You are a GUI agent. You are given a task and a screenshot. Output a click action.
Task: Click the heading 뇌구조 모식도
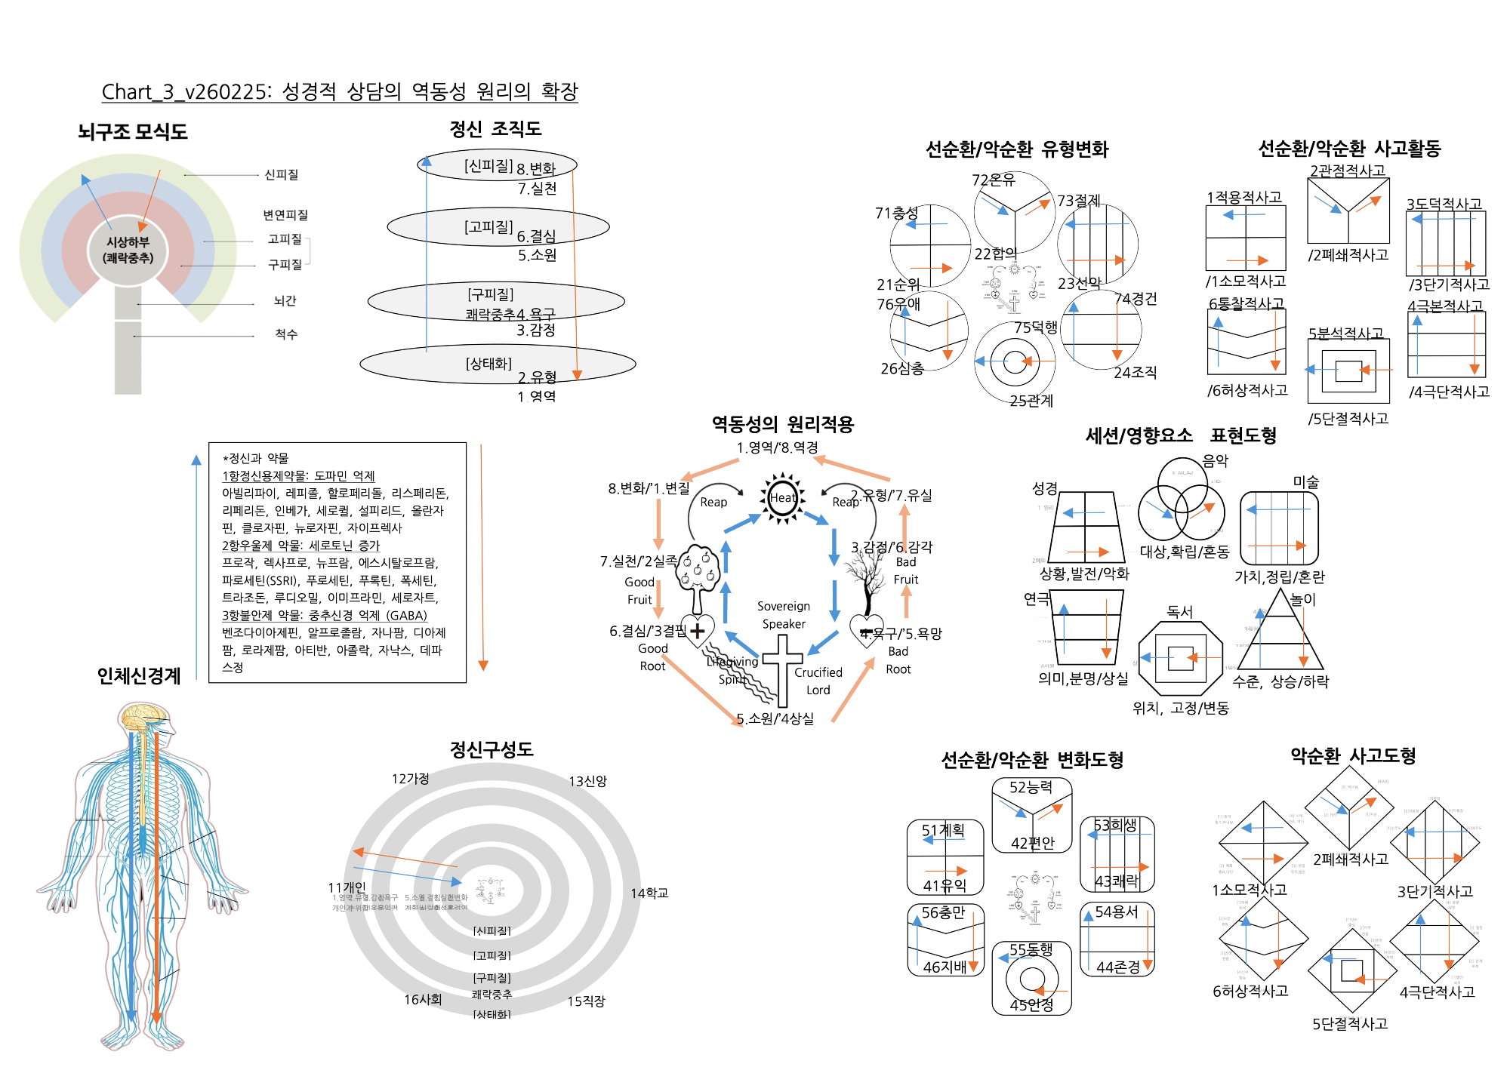pos(132,132)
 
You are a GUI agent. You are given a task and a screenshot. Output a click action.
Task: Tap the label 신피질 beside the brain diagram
pos(281,175)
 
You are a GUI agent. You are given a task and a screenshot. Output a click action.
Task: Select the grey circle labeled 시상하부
pos(128,250)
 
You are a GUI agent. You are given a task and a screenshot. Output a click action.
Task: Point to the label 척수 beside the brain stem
pos(285,334)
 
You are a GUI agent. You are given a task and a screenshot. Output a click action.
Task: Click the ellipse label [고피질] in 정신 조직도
pos(488,226)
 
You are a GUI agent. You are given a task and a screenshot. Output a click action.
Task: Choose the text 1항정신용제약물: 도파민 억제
pos(298,476)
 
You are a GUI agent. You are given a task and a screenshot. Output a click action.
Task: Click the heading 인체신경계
pos(139,676)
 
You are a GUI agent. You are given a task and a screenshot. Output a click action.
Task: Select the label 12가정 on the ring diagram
pos(410,779)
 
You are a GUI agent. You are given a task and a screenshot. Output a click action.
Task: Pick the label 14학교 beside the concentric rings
pos(649,893)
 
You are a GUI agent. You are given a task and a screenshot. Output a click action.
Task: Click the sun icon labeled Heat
pos(782,497)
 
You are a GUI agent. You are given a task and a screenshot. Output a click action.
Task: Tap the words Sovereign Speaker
pos(784,615)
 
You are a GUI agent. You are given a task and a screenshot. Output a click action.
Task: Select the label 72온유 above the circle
pos(993,180)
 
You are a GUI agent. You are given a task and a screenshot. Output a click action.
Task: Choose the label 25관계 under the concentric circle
pos(1031,401)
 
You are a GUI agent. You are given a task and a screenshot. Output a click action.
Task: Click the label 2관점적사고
pos(1348,171)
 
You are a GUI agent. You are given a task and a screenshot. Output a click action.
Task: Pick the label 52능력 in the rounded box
pos(1031,788)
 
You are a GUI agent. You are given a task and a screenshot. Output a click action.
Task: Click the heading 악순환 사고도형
pos(1353,755)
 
